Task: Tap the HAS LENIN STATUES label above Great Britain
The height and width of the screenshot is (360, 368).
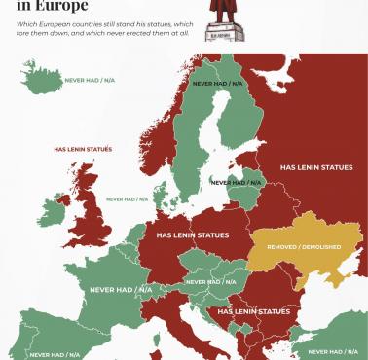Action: tap(83, 149)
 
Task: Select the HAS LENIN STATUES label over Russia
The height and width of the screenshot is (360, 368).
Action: tap(315, 167)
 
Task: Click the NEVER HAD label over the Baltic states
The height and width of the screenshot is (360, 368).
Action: tap(237, 182)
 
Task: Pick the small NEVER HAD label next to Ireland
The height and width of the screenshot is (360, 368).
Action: tap(128, 199)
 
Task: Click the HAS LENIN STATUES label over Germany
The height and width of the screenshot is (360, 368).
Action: tap(193, 235)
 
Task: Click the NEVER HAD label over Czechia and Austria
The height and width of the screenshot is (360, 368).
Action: tap(210, 282)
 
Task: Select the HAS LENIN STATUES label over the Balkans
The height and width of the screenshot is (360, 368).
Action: tap(253, 311)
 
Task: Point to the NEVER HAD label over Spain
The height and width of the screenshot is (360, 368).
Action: tap(55, 355)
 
